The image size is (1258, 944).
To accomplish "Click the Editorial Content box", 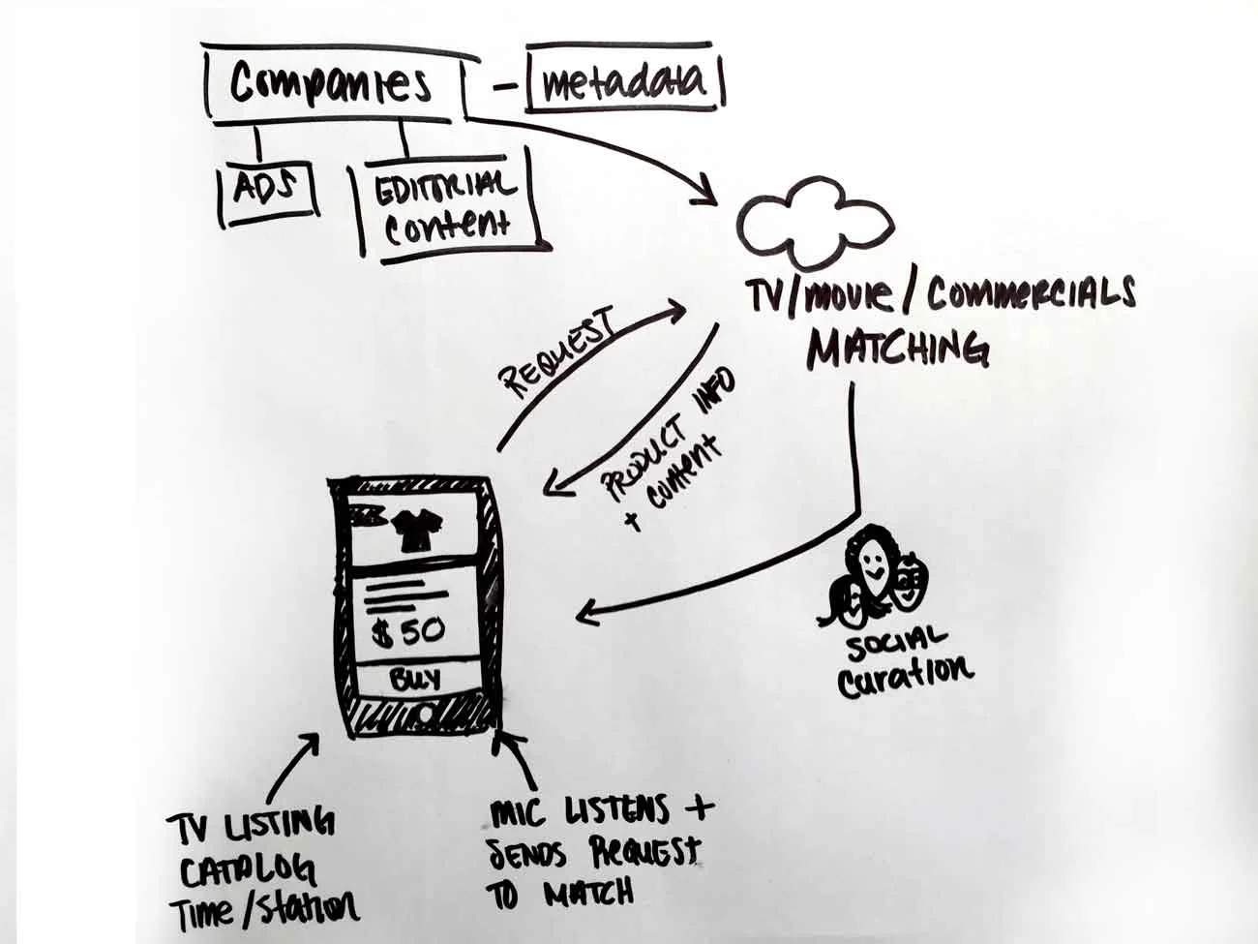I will point(446,205).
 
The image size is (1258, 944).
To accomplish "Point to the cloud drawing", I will point(814,226).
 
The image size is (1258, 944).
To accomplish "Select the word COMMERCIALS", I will point(1031,294).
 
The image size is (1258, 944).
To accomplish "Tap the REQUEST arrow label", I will point(560,353).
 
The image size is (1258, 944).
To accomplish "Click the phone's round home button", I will point(425,716).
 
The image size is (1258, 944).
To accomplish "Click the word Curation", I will point(904,675).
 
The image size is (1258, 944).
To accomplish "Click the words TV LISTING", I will point(251,824).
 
